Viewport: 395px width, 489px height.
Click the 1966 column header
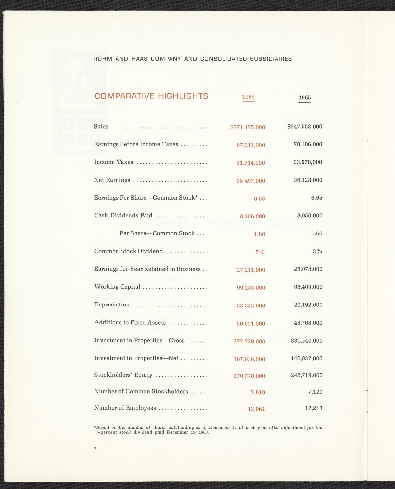click(x=248, y=97)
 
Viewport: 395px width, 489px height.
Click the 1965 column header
click(x=304, y=98)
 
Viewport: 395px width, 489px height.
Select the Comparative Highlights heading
click(x=151, y=96)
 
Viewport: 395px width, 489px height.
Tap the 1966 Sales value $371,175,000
click(x=248, y=127)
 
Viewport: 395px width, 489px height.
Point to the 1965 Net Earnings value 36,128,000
click(x=308, y=180)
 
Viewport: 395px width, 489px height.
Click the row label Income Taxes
click(x=114, y=162)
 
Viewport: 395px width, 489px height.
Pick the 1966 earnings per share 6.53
click(x=259, y=199)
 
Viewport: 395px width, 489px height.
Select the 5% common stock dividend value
click(x=260, y=252)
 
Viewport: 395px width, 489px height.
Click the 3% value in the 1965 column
click(x=317, y=251)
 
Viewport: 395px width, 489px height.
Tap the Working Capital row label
click(x=117, y=287)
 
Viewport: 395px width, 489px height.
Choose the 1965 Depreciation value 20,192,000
click(x=308, y=305)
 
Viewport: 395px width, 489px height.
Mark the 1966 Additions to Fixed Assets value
click(x=251, y=324)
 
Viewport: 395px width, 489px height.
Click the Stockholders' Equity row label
click(x=123, y=375)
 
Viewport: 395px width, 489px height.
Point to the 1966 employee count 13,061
click(x=256, y=409)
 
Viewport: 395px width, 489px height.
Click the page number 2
click(x=95, y=449)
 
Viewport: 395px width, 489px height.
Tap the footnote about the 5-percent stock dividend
click(x=208, y=430)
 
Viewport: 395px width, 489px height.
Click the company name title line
click(x=193, y=59)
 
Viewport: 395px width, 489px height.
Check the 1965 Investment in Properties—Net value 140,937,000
click(x=306, y=358)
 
